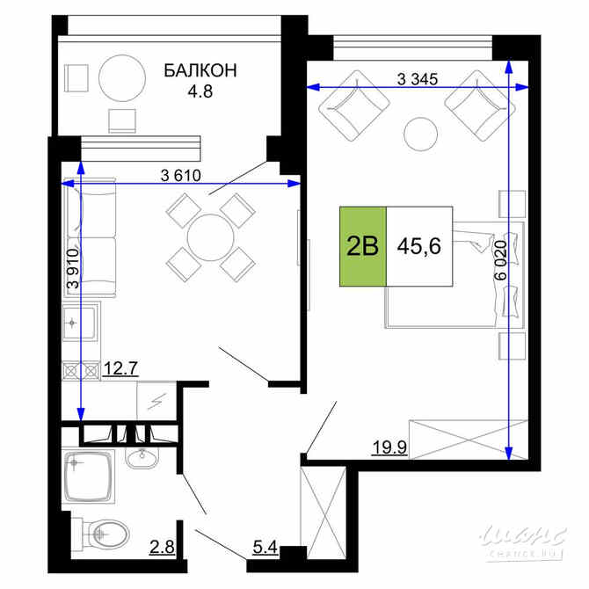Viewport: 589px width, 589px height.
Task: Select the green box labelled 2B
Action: (x=363, y=245)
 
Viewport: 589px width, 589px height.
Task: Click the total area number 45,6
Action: (x=418, y=245)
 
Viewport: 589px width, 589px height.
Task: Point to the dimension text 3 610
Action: (x=181, y=174)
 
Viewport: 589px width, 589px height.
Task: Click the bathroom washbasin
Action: (x=138, y=458)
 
